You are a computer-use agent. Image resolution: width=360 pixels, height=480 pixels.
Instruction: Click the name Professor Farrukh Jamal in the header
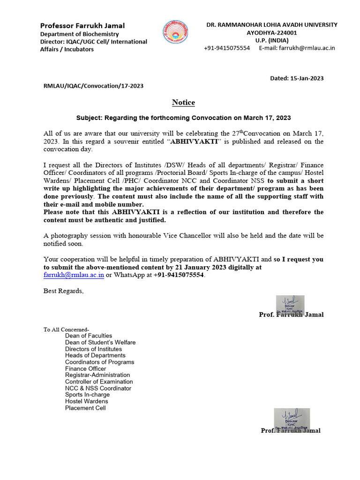coord(82,25)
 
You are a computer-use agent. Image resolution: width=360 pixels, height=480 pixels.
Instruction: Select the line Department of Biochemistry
coord(79,34)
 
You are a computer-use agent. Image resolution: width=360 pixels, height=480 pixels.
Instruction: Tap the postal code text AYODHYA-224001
coord(272,33)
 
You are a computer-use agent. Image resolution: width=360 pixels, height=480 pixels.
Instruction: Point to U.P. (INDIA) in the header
coord(271,40)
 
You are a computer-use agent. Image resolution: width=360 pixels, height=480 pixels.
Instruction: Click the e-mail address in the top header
coord(307,48)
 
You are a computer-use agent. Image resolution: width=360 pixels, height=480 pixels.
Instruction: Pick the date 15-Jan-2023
coord(307,78)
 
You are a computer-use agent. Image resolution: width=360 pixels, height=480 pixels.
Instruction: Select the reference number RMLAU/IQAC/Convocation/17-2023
coord(93,86)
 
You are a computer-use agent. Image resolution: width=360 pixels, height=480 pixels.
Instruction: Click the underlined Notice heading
coord(183,102)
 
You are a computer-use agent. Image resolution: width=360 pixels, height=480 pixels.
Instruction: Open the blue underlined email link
coord(74,275)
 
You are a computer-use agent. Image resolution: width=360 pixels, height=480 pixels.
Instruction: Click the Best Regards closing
coord(64,291)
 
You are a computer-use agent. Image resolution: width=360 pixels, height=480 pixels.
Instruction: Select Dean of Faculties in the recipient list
coord(89,336)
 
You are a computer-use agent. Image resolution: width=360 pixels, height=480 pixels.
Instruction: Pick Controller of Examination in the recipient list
coord(99,382)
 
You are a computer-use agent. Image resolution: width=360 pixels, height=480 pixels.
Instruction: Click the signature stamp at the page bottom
coord(292,419)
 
